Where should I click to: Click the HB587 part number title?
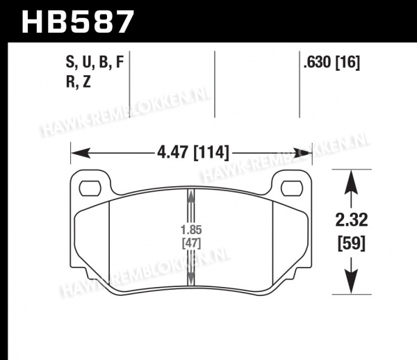coord(78,22)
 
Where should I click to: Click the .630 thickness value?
coord(317,63)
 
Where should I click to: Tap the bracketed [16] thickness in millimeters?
coord(347,63)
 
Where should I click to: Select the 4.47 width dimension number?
coord(173,153)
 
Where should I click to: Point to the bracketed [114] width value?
coord(211,153)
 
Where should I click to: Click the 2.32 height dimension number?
coord(352,220)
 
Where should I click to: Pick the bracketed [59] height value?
coord(352,243)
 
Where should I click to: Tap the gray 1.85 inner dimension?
coord(191,229)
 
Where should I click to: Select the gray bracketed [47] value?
coord(192,243)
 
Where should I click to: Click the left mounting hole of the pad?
coord(90,188)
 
